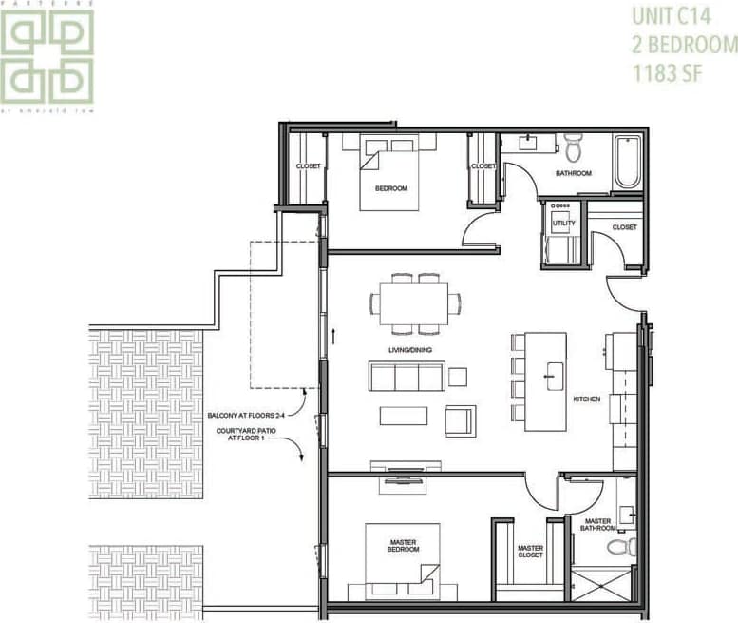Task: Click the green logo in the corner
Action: pyautogui.click(x=47, y=56)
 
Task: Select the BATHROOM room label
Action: pyautogui.click(x=574, y=173)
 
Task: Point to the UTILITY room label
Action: pyautogui.click(x=563, y=223)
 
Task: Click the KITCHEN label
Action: pyautogui.click(x=586, y=399)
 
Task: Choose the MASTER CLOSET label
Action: pyautogui.click(x=530, y=552)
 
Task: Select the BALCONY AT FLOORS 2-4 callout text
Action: pyautogui.click(x=248, y=416)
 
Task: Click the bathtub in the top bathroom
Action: pyautogui.click(x=627, y=161)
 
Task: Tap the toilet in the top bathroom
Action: pyautogui.click(x=573, y=147)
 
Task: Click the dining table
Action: pyautogui.click(x=414, y=304)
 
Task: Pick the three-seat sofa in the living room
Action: pyautogui.click(x=406, y=377)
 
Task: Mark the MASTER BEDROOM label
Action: pyautogui.click(x=404, y=547)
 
